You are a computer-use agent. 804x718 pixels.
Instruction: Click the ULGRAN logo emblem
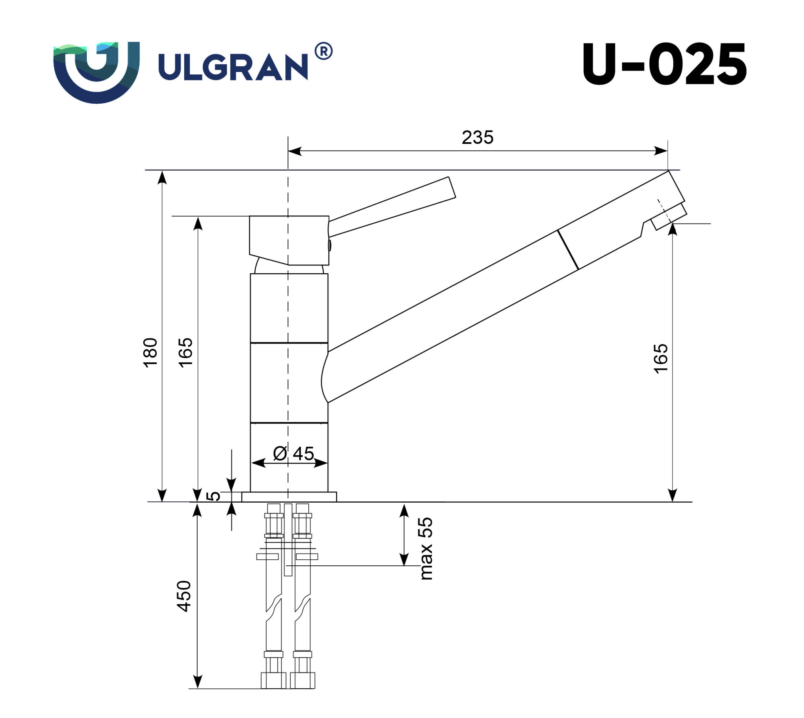(x=96, y=72)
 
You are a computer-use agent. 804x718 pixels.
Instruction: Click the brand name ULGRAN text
(x=233, y=67)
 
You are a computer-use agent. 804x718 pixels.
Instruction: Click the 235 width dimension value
(x=477, y=137)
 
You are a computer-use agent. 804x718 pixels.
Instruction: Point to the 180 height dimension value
(x=150, y=352)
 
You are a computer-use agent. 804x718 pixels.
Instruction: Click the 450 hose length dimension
(x=184, y=596)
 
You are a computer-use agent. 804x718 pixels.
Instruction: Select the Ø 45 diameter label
(x=293, y=454)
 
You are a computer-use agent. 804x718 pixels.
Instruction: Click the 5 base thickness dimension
(x=213, y=496)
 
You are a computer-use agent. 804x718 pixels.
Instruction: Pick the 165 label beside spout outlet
(x=660, y=358)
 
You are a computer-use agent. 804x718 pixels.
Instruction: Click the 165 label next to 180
(x=185, y=352)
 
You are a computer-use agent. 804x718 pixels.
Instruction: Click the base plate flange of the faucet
(x=289, y=497)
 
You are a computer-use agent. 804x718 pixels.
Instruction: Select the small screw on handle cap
(x=330, y=245)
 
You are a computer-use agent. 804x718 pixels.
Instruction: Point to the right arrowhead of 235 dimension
(x=661, y=151)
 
